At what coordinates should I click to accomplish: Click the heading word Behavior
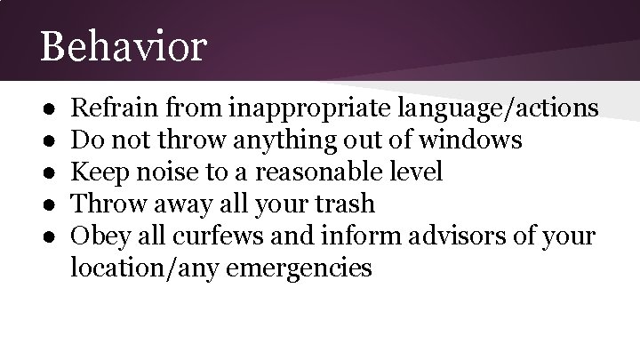(x=123, y=46)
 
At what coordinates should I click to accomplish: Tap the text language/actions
(x=500, y=109)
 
